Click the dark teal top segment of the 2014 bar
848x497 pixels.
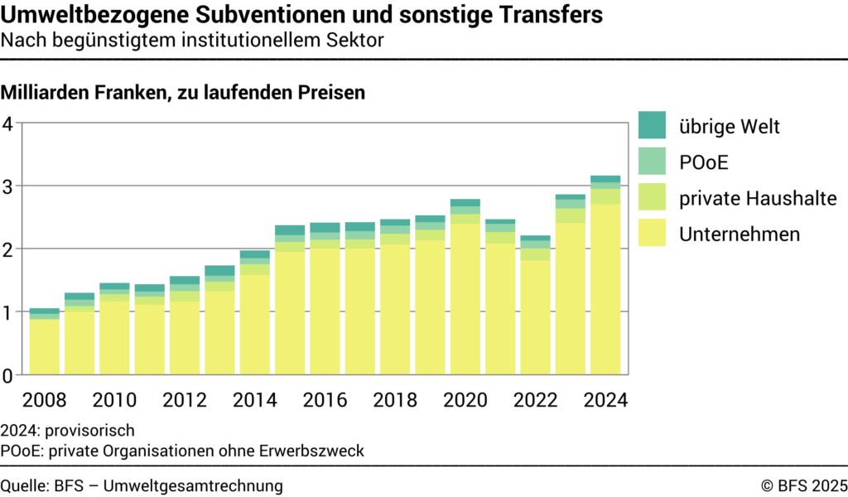tap(255, 254)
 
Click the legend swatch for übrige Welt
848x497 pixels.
tap(652, 126)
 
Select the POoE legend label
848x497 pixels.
tap(703, 162)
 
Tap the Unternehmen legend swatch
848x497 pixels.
tap(652, 234)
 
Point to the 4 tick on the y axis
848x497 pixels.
tap(8, 123)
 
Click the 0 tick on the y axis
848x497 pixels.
tap(8, 375)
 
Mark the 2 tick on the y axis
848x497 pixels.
tap(8, 249)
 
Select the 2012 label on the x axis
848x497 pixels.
tap(185, 399)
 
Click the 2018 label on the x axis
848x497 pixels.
tap(395, 399)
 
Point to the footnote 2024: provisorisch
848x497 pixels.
tap(67, 431)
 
